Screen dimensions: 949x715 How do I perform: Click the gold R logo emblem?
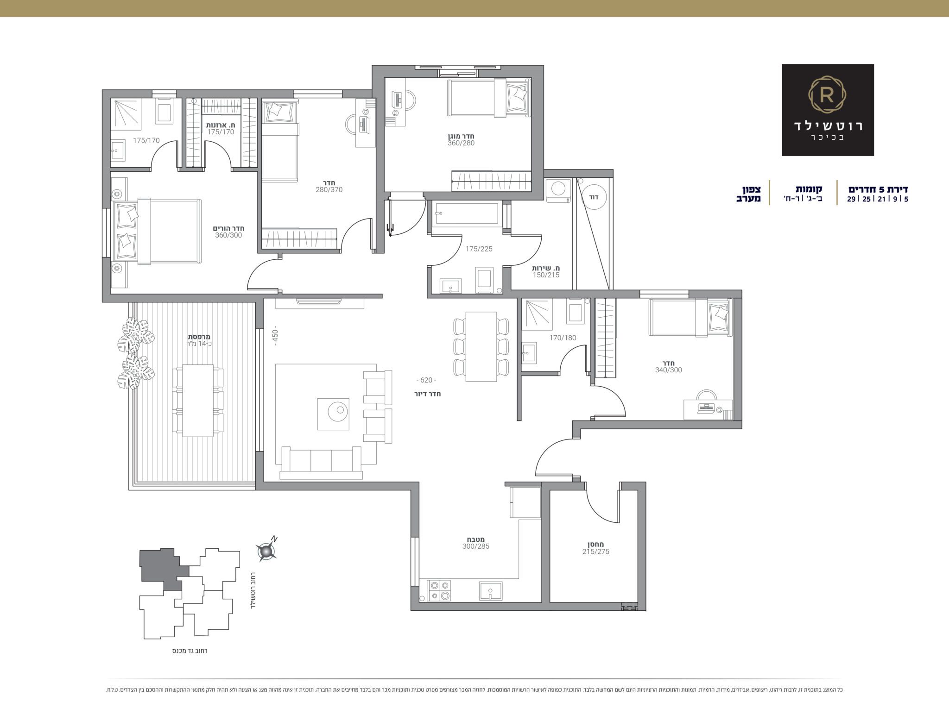click(828, 96)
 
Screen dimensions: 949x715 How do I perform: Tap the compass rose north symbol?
click(266, 551)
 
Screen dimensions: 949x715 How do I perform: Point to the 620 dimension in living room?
click(426, 380)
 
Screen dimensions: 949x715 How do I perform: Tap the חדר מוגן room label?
click(461, 136)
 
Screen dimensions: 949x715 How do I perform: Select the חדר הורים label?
click(228, 228)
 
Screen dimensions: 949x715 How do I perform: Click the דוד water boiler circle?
click(594, 197)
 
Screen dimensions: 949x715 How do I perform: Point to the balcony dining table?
click(198, 401)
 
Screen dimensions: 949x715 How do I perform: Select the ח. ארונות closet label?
click(221, 125)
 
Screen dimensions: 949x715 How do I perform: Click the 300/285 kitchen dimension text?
click(475, 546)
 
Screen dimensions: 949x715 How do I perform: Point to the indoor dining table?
click(481, 346)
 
